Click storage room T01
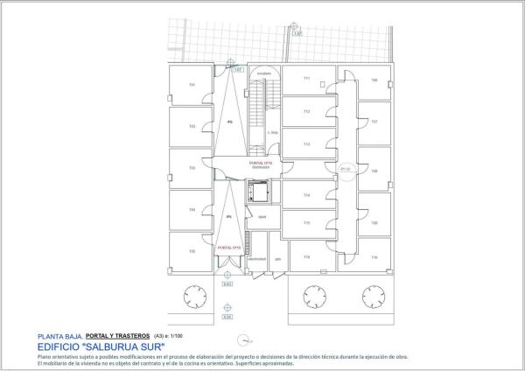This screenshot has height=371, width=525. click(192, 85)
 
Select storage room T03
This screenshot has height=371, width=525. click(192, 169)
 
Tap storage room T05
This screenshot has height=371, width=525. click(192, 253)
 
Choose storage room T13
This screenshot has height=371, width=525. click(306, 143)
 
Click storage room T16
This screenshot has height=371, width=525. click(306, 256)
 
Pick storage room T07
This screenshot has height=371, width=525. click(374, 121)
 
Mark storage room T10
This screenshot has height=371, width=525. click(374, 257)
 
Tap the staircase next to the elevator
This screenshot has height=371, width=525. click(256, 109)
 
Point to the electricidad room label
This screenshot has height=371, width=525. click(256, 259)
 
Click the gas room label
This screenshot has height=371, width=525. click(277, 259)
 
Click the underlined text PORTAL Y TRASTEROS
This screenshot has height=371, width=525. click(117, 334)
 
